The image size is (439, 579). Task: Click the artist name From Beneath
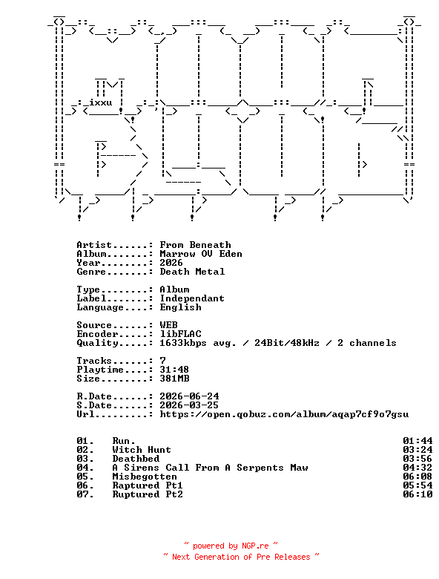195,245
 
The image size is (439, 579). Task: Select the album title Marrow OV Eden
201,254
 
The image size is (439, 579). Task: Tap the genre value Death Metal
192,272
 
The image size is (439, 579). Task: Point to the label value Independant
192,298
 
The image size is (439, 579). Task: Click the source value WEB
168,325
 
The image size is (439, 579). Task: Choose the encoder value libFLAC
180,334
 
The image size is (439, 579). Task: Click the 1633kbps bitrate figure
183,343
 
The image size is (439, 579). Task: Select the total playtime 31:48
174,370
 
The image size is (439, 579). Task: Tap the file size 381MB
174,379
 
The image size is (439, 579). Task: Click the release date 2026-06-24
189,396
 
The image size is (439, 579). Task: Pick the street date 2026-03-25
189,405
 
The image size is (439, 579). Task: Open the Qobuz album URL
284,414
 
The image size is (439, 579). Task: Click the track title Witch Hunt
142,450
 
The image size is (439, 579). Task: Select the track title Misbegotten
145,477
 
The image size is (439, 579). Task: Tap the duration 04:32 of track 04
417,468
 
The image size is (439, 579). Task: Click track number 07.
85,494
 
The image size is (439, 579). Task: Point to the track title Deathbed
136,459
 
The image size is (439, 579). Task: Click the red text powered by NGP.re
231,546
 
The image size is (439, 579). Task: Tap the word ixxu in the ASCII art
100,102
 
